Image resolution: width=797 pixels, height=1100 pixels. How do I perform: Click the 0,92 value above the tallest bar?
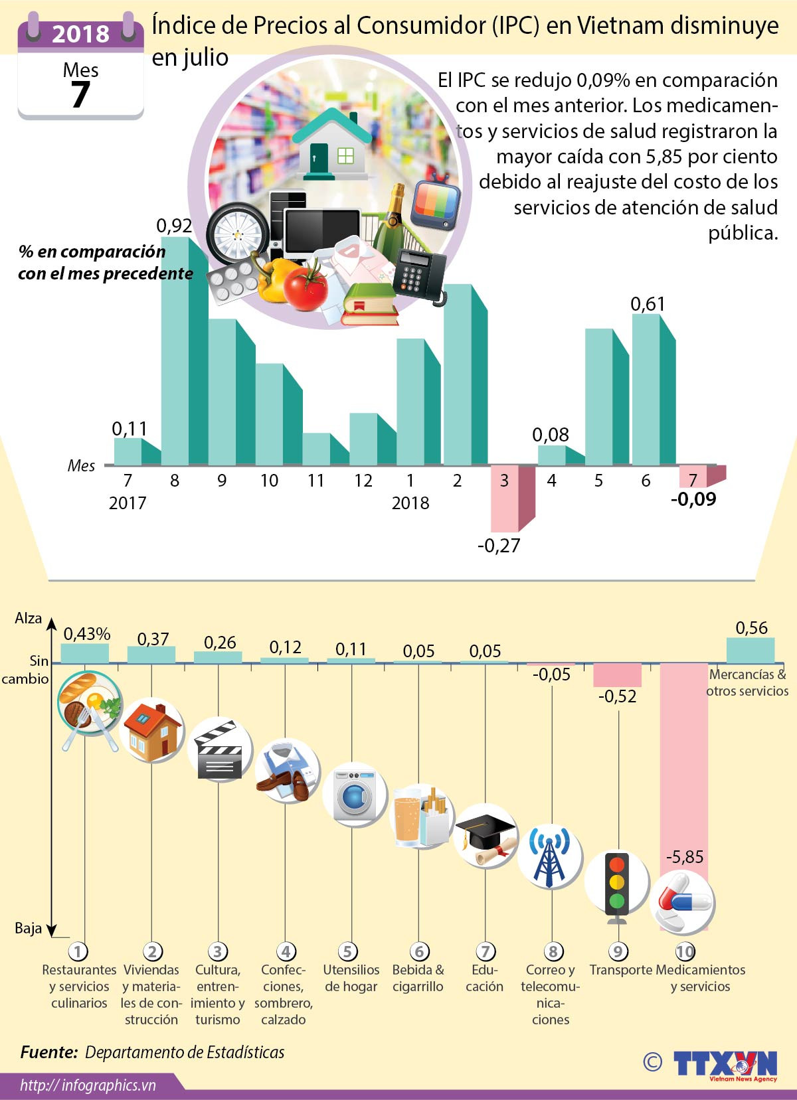[x=174, y=226]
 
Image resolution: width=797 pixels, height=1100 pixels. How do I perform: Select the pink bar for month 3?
[x=505, y=498]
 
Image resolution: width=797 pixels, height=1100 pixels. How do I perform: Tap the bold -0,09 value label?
[x=693, y=499]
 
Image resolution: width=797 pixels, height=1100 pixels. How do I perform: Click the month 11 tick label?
[x=316, y=481]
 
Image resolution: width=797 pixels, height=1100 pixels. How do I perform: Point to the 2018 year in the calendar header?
[x=80, y=34]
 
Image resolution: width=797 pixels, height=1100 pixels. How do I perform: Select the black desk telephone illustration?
[x=420, y=275]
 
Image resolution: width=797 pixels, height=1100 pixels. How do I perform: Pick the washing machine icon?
[x=355, y=794]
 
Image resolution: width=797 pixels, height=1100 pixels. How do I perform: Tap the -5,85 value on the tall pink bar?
[x=684, y=857]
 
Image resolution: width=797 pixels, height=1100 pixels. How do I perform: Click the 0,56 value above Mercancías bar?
[x=751, y=628]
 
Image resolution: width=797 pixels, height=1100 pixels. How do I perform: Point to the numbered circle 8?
[x=553, y=952]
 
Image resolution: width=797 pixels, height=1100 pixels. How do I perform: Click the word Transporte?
[x=620, y=970]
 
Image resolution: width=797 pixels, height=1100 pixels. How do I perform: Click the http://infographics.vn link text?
[x=88, y=1085]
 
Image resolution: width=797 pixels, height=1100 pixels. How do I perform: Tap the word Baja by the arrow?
[x=28, y=928]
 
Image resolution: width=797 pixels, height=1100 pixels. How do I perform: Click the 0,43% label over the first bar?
[x=86, y=634]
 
